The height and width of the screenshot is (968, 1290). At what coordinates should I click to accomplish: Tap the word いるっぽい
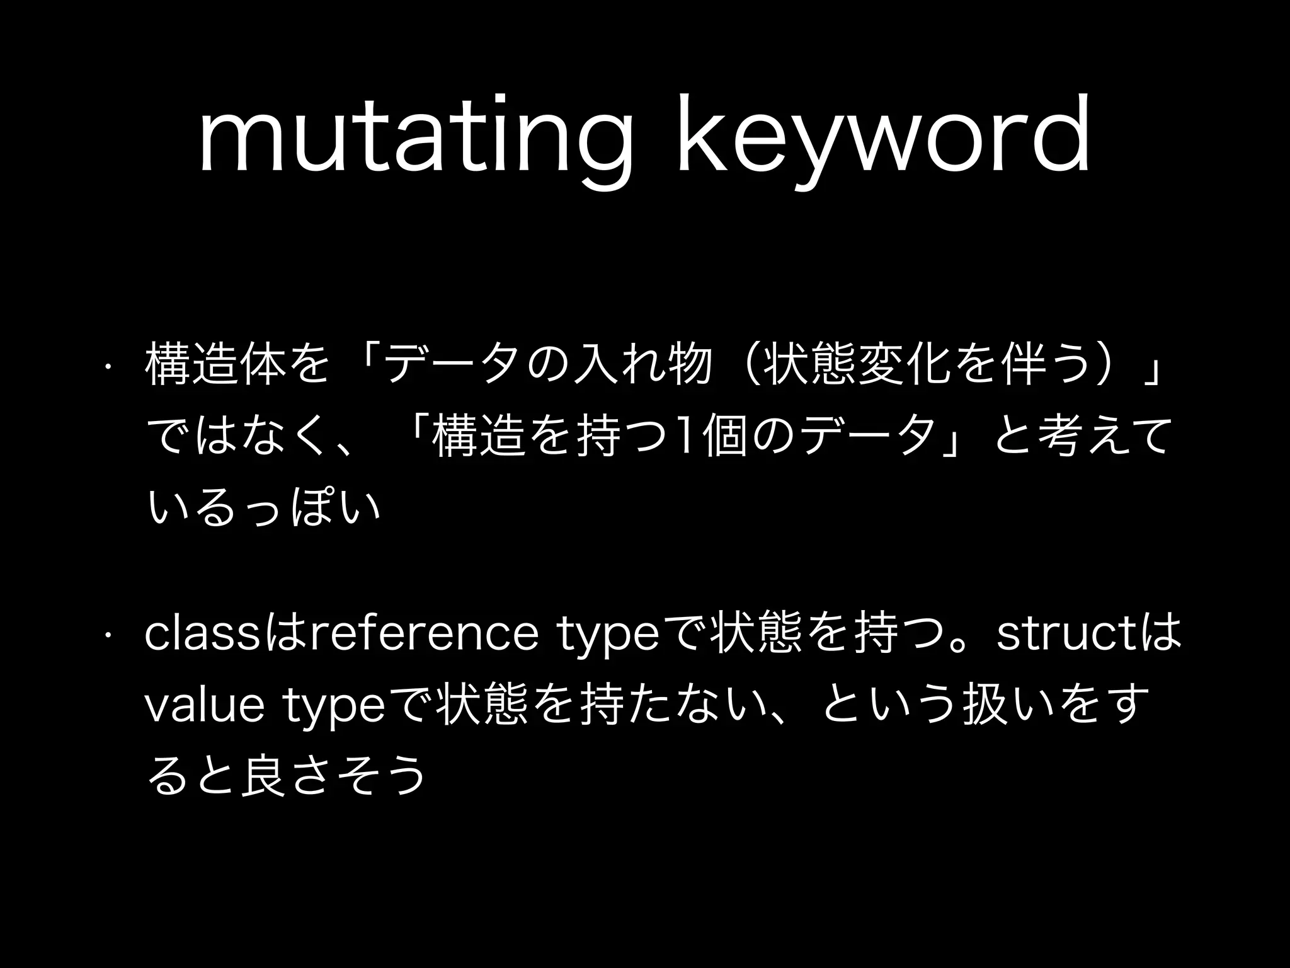pyautogui.click(x=265, y=508)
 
